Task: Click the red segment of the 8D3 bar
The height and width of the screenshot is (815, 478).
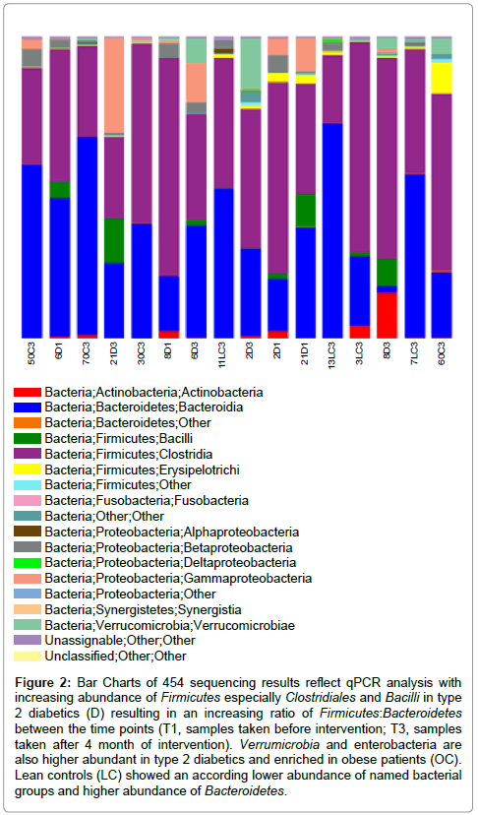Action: (388, 315)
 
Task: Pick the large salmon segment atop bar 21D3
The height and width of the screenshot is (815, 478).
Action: (115, 86)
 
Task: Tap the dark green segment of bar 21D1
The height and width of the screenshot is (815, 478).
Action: (306, 211)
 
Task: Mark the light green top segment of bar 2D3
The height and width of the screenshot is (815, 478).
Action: (251, 63)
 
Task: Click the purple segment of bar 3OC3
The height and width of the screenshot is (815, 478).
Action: (142, 133)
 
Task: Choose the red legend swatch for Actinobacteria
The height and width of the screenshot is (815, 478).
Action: (27, 392)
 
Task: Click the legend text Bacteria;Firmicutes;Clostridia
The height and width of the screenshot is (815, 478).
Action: (128, 454)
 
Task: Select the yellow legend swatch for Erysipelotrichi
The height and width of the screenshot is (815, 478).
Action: (27, 470)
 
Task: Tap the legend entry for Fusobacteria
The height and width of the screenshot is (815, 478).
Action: (147, 501)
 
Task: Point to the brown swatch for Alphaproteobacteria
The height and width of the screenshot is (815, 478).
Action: (27, 532)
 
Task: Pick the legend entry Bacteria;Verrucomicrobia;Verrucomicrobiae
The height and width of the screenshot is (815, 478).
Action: (169, 625)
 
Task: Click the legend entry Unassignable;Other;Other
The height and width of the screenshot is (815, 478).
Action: (120, 641)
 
